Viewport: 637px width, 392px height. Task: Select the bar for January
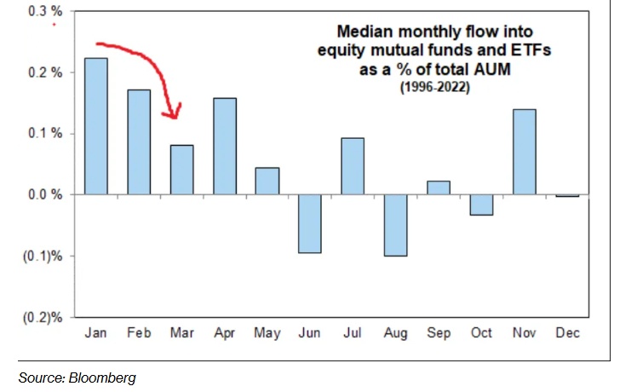click(x=95, y=126)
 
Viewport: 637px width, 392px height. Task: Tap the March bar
click(x=181, y=170)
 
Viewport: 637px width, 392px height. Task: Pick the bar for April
click(x=225, y=146)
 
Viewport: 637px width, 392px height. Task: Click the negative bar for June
click(x=311, y=223)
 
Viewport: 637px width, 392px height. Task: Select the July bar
click(x=353, y=166)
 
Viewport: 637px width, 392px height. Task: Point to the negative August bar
click(x=396, y=225)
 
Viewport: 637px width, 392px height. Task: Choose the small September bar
click(x=439, y=187)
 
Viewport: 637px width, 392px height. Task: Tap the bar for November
click(x=525, y=152)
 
